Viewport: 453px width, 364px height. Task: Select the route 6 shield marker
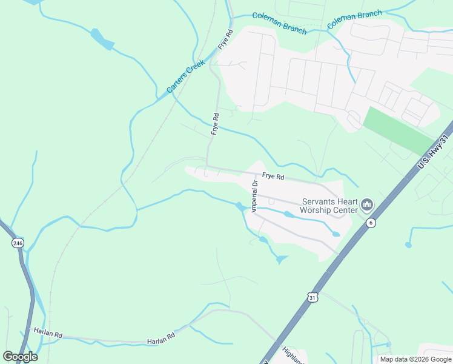pyautogui.click(x=371, y=223)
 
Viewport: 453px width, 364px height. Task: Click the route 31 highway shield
pyautogui.click(x=312, y=297)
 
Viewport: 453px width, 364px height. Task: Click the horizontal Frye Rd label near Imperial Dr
pyautogui.click(x=273, y=177)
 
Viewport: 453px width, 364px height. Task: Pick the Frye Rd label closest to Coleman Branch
pyautogui.click(x=226, y=40)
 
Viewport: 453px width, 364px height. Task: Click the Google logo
pyautogui.click(x=20, y=356)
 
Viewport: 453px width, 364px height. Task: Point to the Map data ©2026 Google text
pyautogui.click(x=415, y=359)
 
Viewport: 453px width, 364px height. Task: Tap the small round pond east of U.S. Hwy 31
pyautogui.click(x=408, y=245)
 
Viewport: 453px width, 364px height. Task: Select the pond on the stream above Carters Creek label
pyautogui.click(x=102, y=38)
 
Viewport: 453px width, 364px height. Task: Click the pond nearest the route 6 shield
pyautogui.click(x=336, y=234)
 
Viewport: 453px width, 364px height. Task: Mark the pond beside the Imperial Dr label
pyautogui.click(x=242, y=206)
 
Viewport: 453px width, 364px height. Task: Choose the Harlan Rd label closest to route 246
pyautogui.click(x=48, y=334)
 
